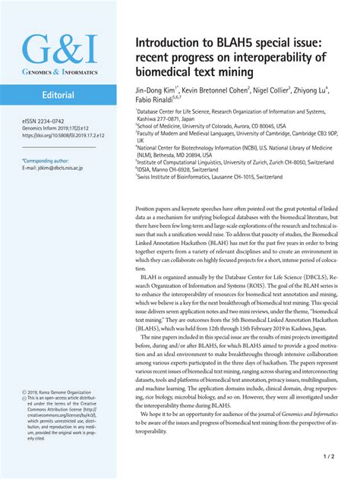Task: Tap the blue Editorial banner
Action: (58, 96)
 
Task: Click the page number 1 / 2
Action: (329, 458)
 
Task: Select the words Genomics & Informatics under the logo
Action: (59, 71)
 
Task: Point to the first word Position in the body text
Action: (147, 208)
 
